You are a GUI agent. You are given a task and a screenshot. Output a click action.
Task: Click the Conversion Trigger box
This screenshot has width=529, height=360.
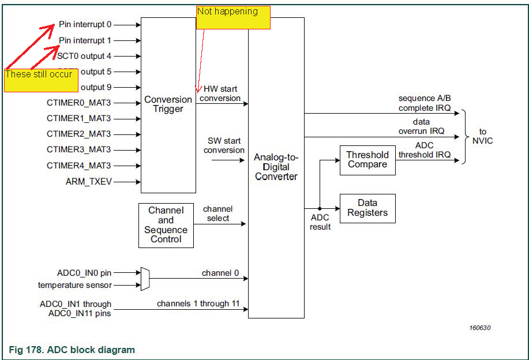(168, 104)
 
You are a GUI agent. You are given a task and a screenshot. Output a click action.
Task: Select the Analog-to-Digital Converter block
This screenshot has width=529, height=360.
(276, 167)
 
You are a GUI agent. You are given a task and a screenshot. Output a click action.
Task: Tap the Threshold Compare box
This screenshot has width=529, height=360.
(367, 160)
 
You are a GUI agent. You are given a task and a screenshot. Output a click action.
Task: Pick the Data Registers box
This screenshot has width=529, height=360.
(367, 208)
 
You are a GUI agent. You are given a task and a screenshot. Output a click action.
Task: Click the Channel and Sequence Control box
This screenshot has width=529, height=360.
(166, 225)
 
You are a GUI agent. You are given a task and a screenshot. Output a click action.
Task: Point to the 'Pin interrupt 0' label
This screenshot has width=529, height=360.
(85, 25)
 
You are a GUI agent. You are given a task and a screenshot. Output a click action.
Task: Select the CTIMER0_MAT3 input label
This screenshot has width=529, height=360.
(78, 103)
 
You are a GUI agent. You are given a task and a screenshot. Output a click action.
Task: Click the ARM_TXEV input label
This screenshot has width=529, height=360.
(88, 182)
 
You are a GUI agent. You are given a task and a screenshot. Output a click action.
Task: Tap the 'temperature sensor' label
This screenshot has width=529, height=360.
(75, 285)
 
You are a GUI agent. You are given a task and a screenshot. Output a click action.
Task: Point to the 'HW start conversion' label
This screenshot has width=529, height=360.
(220, 94)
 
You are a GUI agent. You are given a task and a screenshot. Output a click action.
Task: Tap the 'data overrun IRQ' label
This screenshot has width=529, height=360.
(421, 126)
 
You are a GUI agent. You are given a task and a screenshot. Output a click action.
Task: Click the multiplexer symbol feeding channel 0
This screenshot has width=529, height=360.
(145, 279)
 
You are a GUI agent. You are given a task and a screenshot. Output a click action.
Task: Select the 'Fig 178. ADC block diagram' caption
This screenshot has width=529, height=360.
(72, 350)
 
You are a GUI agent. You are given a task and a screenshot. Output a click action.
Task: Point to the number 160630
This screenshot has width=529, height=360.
(479, 328)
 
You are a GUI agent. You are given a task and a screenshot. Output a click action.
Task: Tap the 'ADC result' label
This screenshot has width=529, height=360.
(320, 223)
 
